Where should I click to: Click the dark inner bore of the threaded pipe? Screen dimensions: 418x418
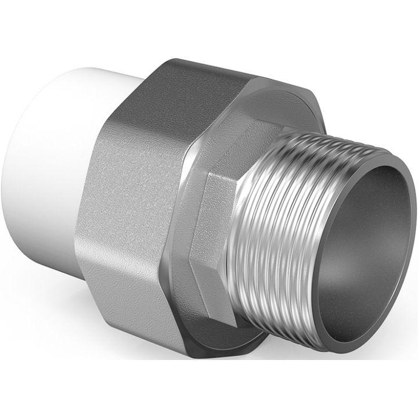point(372,232)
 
